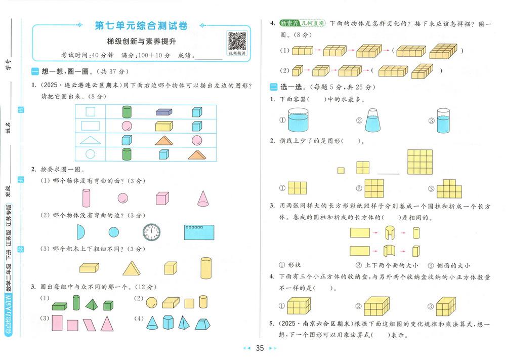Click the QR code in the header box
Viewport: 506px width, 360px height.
[237, 41]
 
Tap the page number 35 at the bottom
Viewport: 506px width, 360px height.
[260, 348]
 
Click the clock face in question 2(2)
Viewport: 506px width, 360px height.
[151, 232]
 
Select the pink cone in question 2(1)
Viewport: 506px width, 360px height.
[203, 198]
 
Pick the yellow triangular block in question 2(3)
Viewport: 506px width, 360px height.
[132, 268]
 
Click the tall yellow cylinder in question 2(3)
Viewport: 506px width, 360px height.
[206, 268]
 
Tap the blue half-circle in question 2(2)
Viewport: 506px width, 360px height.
[80, 232]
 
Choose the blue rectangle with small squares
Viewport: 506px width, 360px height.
[199, 232]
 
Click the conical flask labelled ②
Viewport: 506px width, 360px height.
[372, 120]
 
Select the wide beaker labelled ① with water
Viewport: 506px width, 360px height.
[298, 120]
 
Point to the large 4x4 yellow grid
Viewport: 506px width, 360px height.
[420, 162]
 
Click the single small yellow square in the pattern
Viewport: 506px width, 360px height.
[341, 171]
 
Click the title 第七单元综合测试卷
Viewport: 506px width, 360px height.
[141, 25]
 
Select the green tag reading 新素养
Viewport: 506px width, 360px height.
[289, 23]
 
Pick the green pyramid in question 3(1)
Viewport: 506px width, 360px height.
[92, 304]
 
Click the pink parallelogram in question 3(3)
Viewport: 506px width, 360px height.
[89, 325]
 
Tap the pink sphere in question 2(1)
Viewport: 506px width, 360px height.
[122, 198]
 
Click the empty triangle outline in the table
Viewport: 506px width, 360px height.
[91, 140]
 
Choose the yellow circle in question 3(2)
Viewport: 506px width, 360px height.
[151, 303]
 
